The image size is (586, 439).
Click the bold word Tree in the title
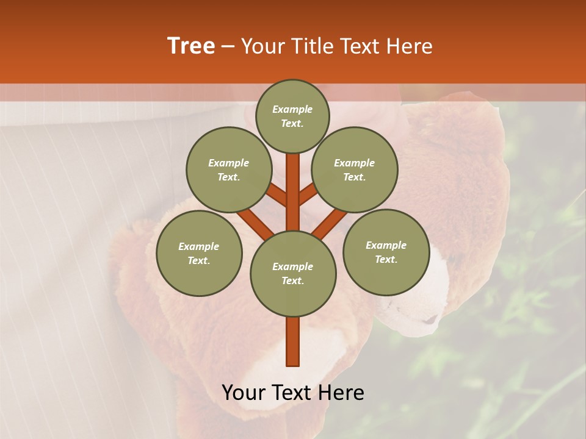point(191,46)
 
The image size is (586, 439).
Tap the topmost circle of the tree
point(292,116)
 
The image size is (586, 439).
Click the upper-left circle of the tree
point(229,170)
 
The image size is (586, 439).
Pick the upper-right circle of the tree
point(355,170)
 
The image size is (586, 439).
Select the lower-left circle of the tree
point(199,253)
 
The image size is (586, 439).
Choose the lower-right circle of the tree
point(386,252)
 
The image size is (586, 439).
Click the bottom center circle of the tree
point(293,274)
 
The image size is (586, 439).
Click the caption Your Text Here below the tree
point(293,393)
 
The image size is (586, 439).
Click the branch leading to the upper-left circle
point(276,195)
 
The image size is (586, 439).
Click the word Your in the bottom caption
point(244,393)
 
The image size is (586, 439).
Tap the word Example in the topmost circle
point(292,110)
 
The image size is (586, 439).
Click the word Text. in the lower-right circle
point(386,259)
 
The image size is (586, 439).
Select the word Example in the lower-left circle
point(199,246)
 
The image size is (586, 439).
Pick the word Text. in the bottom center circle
point(293,281)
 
